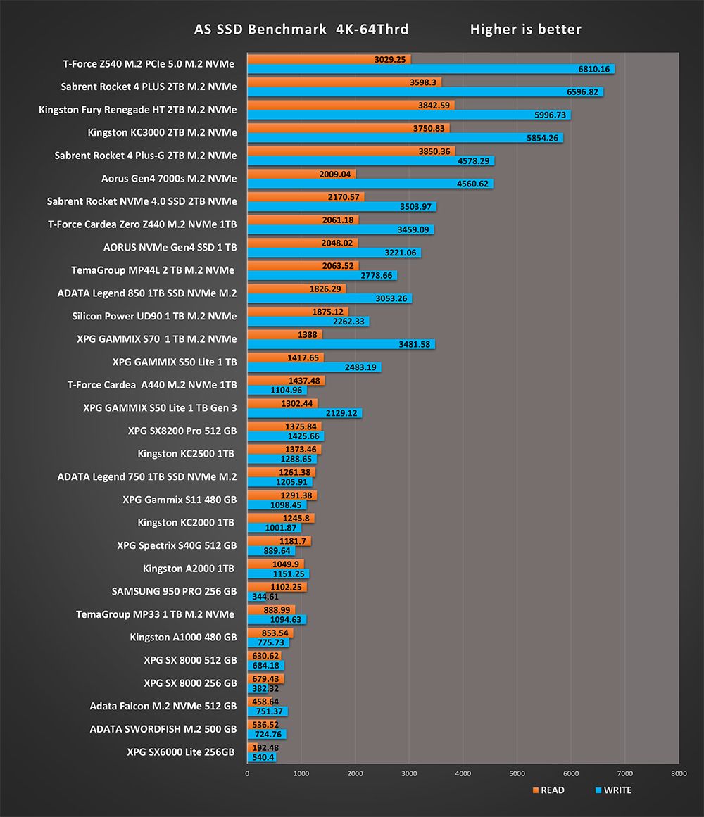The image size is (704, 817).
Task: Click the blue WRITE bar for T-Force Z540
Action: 430,69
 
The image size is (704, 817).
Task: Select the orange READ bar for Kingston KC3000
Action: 348,128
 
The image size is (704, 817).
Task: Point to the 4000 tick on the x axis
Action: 463,773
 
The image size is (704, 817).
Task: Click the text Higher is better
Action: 525,30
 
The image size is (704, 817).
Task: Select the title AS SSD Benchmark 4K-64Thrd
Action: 301,30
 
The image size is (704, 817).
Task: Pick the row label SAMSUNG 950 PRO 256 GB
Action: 174,591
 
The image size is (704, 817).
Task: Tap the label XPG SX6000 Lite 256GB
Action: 181,752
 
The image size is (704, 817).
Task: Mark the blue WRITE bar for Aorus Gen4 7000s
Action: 370,184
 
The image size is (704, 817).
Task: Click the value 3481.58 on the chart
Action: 414,344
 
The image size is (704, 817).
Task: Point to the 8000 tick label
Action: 678,773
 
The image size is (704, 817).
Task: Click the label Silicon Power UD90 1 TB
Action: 154,316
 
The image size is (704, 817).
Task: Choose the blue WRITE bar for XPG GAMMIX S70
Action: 341,344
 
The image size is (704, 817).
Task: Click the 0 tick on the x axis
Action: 247,773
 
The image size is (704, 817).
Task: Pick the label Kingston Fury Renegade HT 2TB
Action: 137,110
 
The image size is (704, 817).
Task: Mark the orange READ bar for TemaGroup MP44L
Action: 303,266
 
